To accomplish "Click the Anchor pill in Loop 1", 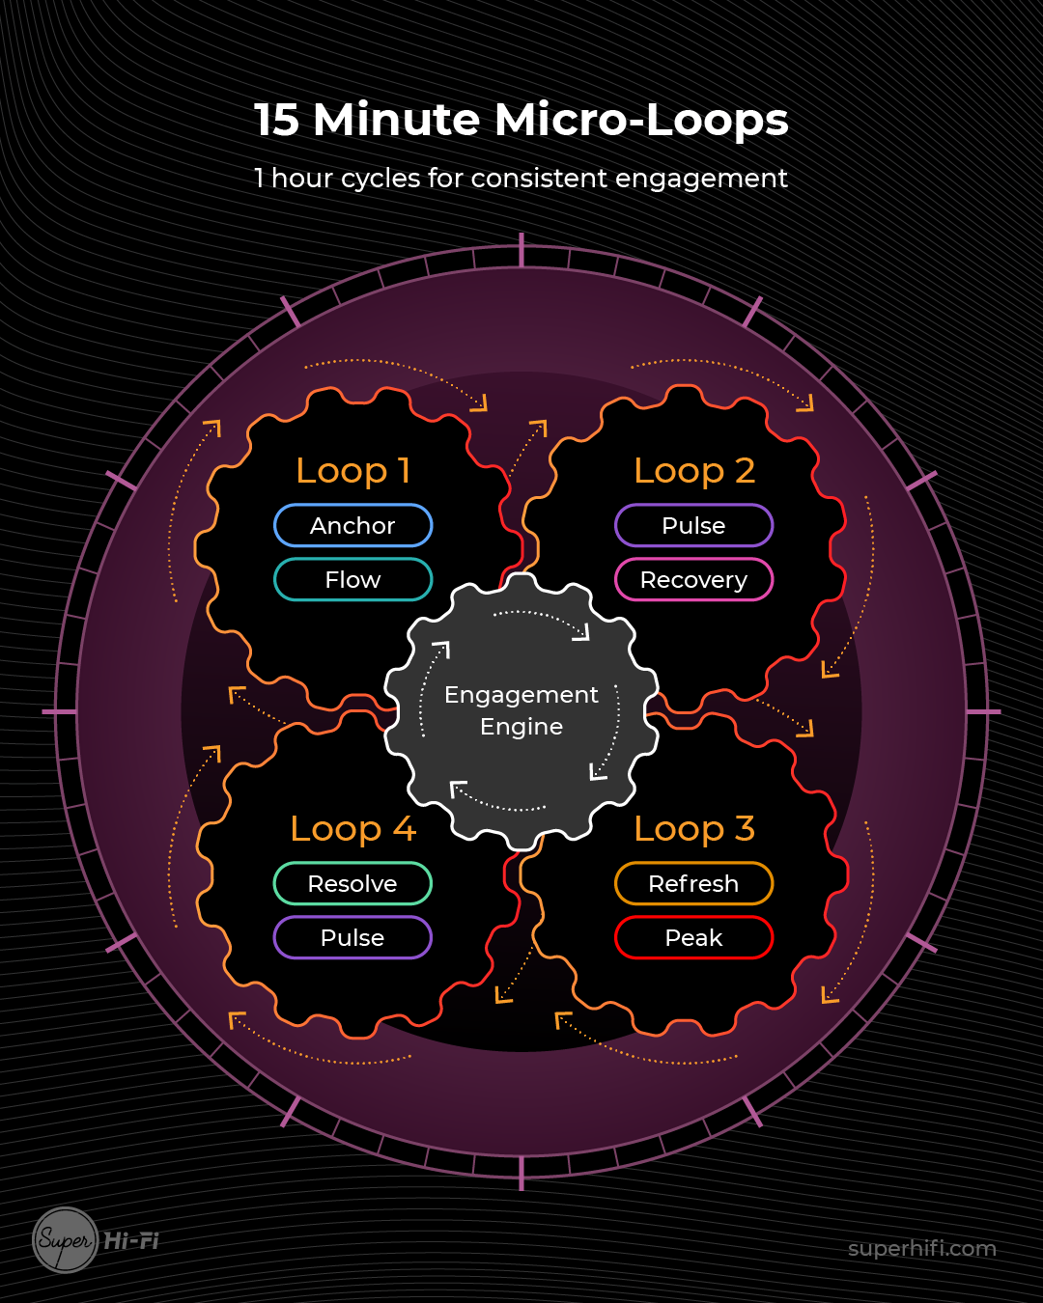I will [x=352, y=526].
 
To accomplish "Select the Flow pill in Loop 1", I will [x=352, y=580].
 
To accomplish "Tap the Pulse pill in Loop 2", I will [x=693, y=526].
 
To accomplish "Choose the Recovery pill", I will [x=693, y=580].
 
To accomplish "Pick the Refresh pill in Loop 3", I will [x=693, y=884].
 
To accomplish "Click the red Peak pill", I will [x=693, y=938].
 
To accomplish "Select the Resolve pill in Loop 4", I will [x=352, y=884].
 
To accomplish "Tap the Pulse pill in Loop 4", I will [x=352, y=938].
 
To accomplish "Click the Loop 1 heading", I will [x=353, y=471].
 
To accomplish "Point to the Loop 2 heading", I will [x=694, y=471].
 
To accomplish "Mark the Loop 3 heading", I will [x=694, y=829].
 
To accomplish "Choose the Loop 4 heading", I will [x=353, y=829].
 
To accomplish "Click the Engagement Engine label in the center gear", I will [x=521, y=710].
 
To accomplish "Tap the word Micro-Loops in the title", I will [x=641, y=121].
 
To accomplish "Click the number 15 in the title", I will [x=276, y=121].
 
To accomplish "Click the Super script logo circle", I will [x=66, y=1240].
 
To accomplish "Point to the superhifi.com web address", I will [x=921, y=1249].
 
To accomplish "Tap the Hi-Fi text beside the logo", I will [x=131, y=1241].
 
